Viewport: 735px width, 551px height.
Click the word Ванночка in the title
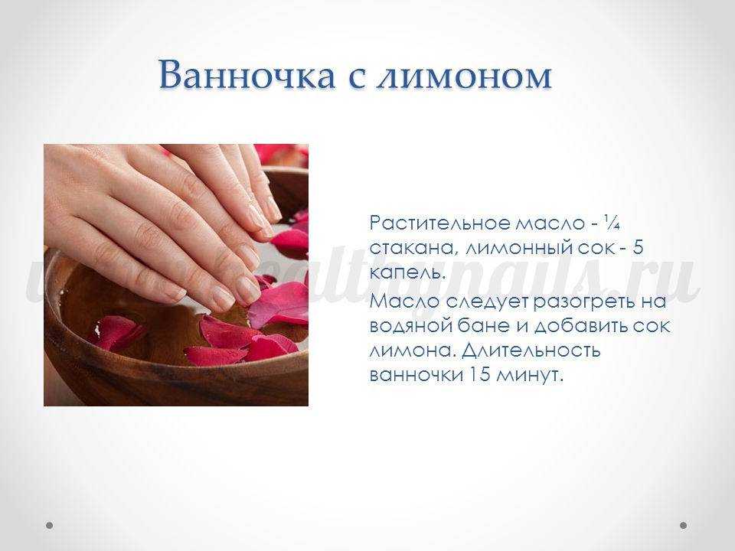[x=247, y=75]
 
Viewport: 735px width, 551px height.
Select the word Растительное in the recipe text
[x=439, y=223]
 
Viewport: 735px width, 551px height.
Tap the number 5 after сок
[x=638, y=248]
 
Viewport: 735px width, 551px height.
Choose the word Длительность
[x=531, y=350]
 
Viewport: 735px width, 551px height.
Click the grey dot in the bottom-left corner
[x=49, y=525]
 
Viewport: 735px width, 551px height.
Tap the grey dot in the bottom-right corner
[x=683, y=525]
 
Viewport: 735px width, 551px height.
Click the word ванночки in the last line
[x=414, y=376]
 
